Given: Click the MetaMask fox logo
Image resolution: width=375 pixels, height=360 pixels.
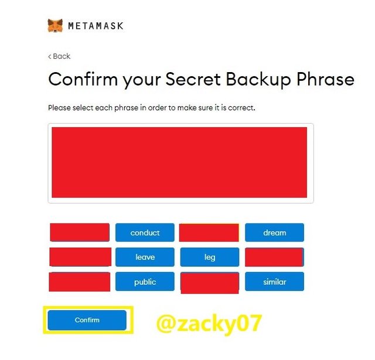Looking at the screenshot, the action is click(x=55, y=25).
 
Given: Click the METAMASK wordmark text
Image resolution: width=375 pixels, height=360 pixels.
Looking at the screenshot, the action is click(x=96, y=26).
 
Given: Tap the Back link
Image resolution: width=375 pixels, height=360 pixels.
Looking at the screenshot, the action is click(x=59, y=56).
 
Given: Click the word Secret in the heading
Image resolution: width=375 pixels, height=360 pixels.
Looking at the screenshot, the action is click(x=193, y=79).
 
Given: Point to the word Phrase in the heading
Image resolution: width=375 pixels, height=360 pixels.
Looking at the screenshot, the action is click(x=325, y=79).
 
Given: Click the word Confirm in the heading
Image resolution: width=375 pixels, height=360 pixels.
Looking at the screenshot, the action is click(x=83, y=79).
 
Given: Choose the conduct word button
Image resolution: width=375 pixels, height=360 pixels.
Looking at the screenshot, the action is click(x=145, y=232).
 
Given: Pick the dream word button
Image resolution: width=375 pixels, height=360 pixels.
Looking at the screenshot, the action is click(x=275, y=232).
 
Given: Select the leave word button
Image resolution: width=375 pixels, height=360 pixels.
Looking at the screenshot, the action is click(x=145, y=257).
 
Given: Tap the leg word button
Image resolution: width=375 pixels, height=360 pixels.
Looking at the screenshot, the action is click(x=210, y=257).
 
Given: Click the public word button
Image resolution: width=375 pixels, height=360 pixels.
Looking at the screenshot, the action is click(x=145, y=282).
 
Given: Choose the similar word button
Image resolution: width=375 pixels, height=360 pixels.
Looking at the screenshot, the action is click(x=275, y=282).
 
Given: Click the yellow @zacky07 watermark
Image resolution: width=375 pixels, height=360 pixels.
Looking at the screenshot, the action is click(x=209, y=324).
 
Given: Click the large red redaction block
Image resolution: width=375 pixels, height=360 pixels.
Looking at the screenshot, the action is click(x=179, y=162).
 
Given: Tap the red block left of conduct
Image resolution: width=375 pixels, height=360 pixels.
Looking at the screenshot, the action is click(x=80, y=232).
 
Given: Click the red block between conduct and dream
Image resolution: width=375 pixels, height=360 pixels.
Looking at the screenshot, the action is click(x=209, y=232).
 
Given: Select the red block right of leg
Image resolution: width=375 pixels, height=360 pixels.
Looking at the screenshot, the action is click(x=274, y=257).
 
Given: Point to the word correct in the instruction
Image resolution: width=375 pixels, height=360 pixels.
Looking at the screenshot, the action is click(x=241, y=108).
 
